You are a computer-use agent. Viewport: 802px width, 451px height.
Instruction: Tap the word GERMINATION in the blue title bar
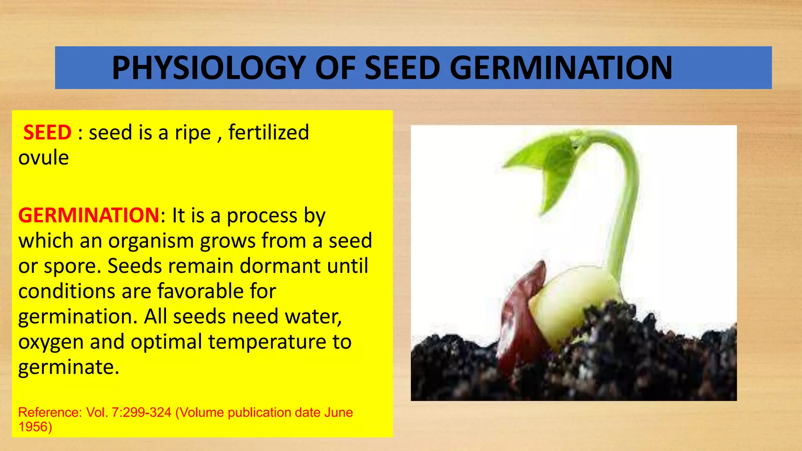(x=561, y=68)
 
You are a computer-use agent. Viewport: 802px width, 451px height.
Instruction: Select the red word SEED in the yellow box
(x=47, y=132)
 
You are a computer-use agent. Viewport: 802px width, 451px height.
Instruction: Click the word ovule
(x=43, y=157)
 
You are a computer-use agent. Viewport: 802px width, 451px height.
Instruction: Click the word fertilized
(x=269, y=132)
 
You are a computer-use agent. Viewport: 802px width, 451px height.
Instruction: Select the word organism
(x=151, y=241)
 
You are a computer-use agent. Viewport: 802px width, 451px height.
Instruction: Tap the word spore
(x=76, y=267)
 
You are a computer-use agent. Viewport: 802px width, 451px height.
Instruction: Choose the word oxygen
(x=51, y=342)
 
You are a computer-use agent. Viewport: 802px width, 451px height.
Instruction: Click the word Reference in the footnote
(x=49, y=412)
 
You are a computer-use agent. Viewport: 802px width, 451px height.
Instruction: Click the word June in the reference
(x=338, y=412)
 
